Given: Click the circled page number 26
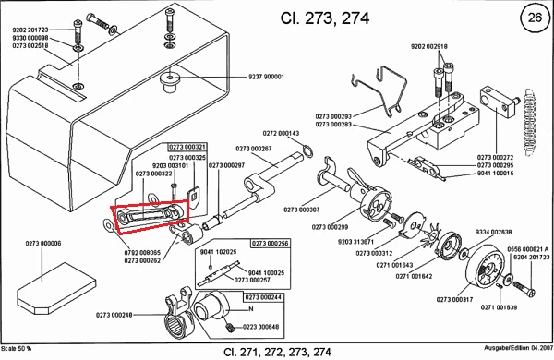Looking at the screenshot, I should click(x=532, y=18).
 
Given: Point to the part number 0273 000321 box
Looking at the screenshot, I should click(x=187, y=147).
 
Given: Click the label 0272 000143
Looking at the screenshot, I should click(x=281, y=133).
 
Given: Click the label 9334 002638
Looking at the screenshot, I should click(x=475, y=232).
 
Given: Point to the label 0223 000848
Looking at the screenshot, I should click(x=262, y=327).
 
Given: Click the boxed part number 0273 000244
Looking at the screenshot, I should click(x=264, y=296).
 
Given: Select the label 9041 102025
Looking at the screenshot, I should click(x=219, y=251).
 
